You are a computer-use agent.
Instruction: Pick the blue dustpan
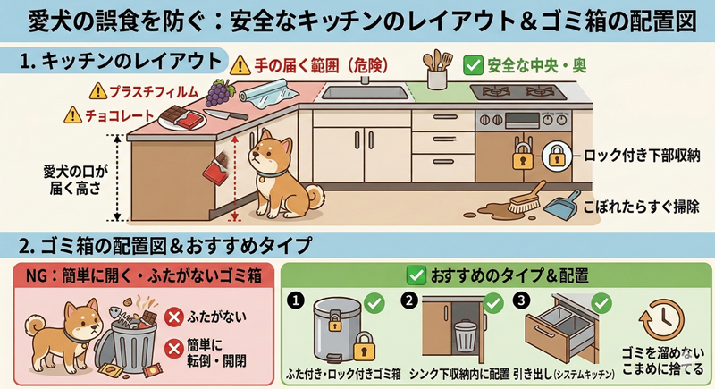pos(562,208)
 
